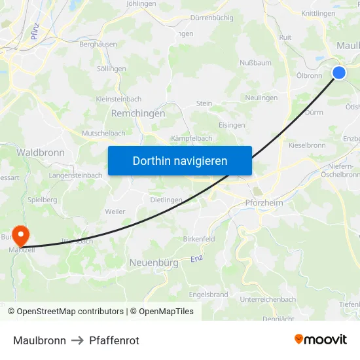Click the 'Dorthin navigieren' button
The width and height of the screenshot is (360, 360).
tap(180, 160)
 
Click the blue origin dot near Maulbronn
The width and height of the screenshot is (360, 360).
tap(339, 73)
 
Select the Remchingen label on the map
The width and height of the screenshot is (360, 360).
tap(138, 113)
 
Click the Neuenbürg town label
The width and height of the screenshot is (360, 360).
tap(154, 262)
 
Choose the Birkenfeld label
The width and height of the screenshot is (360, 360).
tap(200, 239)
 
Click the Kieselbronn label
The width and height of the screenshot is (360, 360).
tap(307, 145)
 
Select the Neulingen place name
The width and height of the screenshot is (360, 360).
tap(261, 98)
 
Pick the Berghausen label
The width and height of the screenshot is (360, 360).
tap(98, 44)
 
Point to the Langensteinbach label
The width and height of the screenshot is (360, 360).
tap(75, 175)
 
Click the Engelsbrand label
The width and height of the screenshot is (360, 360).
tap(208, 295)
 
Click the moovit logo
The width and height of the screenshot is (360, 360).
tap(321, 340)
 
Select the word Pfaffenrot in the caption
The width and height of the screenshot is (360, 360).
tap(114, 340)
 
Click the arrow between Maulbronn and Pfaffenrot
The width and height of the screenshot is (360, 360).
tap(78, 340)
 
